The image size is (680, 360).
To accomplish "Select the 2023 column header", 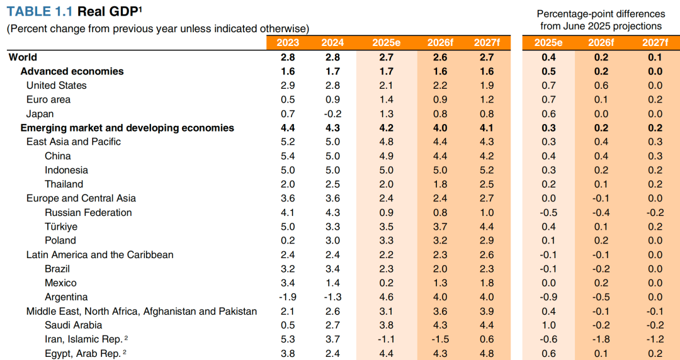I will tap(288, 43).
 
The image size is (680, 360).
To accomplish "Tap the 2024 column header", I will tap(332, 43).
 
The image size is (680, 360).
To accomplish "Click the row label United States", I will tap(56, 86).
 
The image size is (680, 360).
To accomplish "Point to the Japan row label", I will tap(40, 114).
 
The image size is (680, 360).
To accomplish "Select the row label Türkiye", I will tap(61, 227).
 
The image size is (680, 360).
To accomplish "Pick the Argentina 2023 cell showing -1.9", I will tap(288, 297).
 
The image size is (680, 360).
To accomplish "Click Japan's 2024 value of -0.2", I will tap(332, 114).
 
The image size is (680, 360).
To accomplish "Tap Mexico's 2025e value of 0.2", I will tap(386, 283).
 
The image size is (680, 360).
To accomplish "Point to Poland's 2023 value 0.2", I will tap(288, 240).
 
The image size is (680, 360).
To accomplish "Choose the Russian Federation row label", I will tap(88, 213).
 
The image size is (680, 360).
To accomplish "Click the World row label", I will tap(23, 57).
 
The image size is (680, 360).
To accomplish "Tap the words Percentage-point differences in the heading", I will tap(601, 14).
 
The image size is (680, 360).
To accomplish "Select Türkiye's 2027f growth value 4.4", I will tap(486, 227).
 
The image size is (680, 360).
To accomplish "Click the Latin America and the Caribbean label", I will tap(99, 255).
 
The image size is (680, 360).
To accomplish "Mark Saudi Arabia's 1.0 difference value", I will tap(548, 325).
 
